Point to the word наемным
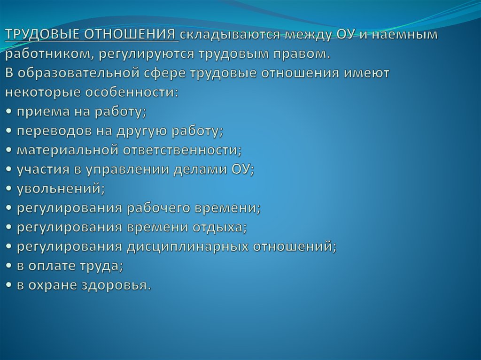pyautogui.click(x=404, y=35)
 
